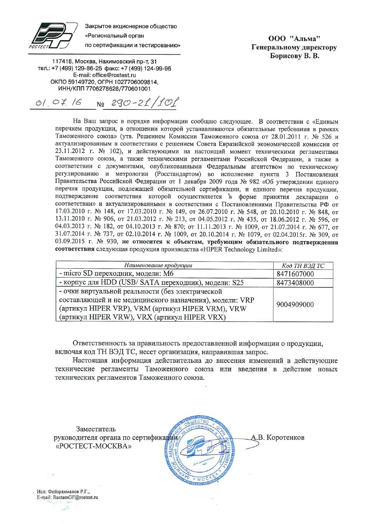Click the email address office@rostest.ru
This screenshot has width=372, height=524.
click(x=114, y=75)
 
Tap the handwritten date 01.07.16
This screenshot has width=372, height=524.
click(x=58, y=102)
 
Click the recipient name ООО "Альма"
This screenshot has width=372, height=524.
click(x=294, y=38)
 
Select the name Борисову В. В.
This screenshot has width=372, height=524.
click(x=294, y=56)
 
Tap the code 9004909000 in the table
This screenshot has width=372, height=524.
click(x=295, y=304)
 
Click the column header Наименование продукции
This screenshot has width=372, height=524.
click(x=158, y=265)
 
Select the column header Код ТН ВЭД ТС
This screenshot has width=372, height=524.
click(x=303, y=266)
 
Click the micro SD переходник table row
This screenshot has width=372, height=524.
click(x=116, y=274)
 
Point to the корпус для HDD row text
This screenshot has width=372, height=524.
click(x=151, y=283)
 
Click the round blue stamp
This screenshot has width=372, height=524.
click(x=200, y=450)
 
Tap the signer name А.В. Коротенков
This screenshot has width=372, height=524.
click(x=277, y=437)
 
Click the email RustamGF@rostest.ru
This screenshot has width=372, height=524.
click(x=75, y=498)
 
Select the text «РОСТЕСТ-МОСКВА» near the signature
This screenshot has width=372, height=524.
click(x=93, y=446)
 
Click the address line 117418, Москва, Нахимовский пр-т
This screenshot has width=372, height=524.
click(x=105, y=61)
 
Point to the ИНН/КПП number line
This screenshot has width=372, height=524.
click(x=105, y=89)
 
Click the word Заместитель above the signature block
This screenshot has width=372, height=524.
click(x=96, y=429)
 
